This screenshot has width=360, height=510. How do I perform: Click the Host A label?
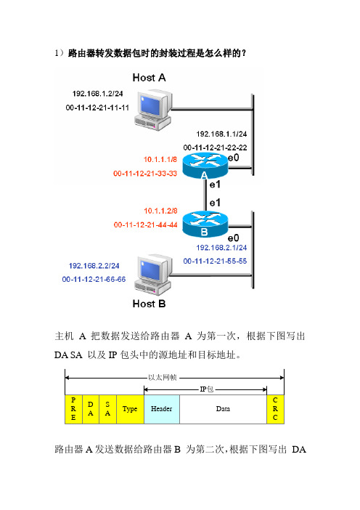[149, 78]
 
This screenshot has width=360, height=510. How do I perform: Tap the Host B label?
[149, 304]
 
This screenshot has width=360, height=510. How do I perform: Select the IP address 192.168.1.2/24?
[97, 94]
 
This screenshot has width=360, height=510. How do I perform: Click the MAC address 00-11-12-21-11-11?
[97, 108]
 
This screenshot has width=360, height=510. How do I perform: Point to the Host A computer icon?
[153, 111]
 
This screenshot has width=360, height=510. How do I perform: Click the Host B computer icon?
[153, 275]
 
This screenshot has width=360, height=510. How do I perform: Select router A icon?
[205, 166]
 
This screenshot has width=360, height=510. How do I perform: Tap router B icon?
[205, 224]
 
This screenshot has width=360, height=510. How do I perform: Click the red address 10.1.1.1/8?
[160, 159]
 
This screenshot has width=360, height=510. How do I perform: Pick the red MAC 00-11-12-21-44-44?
[146, 224]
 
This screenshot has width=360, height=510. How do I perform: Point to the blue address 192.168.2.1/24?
[221, 248]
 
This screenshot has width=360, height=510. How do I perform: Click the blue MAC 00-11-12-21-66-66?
[94, 280]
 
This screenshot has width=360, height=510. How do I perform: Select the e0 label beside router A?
[233, 158]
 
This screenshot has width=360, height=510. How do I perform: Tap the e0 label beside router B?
[233, 238]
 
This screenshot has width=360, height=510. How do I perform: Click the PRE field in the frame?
[74, 409]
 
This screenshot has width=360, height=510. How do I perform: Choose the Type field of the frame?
[130, 409]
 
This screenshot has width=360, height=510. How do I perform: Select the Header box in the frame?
[162, 409]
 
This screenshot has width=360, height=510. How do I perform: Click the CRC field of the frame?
[275, 409]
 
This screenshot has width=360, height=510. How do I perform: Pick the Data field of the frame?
[224, 409]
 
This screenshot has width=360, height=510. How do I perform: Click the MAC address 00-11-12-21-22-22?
[215, 147]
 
